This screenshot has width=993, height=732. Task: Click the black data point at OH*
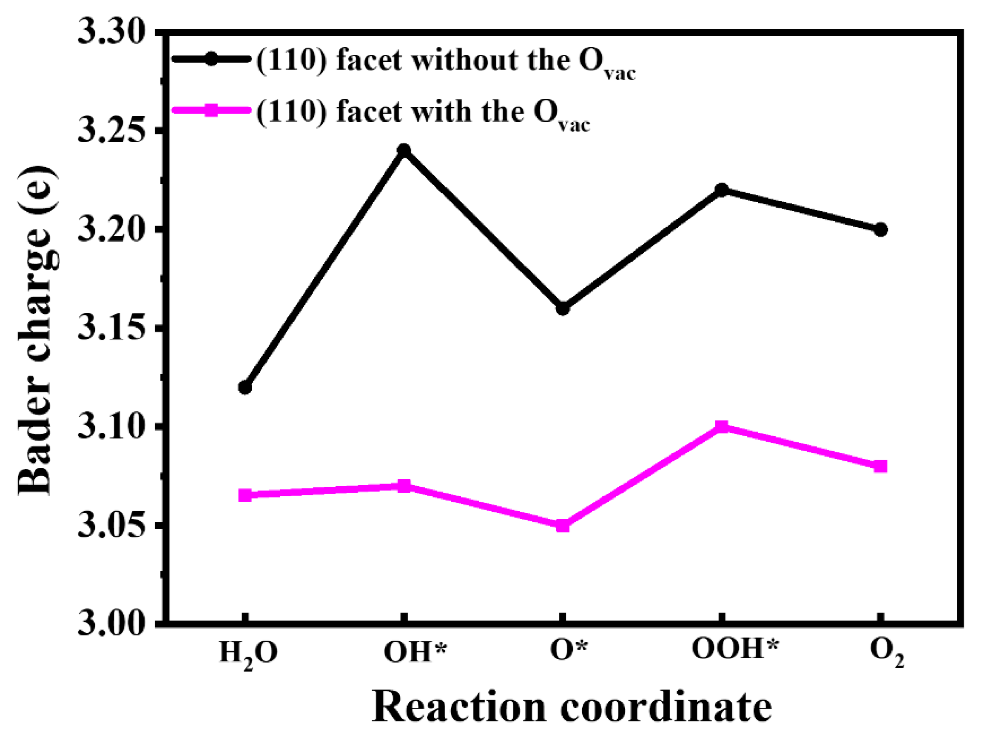point(403,150)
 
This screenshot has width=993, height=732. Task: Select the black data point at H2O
point(245,388)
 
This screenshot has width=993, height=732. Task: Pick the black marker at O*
point(563,309)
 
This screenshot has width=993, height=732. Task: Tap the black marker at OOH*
point(722,190)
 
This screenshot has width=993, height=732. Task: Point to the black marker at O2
point(881,229)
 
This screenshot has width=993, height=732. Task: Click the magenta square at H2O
point(245,495)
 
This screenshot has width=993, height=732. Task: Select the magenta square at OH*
point(403,486)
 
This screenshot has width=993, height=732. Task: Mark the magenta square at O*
point(563,526)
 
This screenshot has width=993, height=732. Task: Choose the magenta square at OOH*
point(722,427)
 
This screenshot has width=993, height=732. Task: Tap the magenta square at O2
point(881,466)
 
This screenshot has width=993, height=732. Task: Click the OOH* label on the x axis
point(734,650)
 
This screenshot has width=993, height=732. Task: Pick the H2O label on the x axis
point(248,654)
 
